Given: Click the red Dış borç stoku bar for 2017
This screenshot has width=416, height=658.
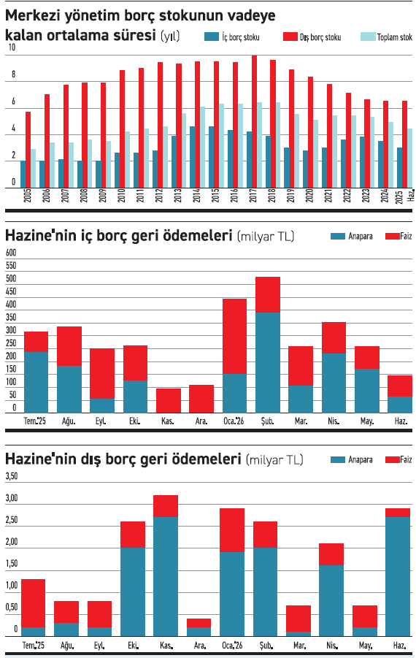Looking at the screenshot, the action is click(254, 121).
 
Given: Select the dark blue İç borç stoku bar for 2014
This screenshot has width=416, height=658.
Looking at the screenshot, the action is click(193, 157).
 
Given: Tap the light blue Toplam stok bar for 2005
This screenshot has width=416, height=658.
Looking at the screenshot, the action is click(33, 168).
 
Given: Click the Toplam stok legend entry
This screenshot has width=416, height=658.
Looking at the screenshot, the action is click(386, 37).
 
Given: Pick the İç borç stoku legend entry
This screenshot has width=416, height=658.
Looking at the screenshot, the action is click(232, 37).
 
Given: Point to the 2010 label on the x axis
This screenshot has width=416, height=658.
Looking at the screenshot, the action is click(122, 196).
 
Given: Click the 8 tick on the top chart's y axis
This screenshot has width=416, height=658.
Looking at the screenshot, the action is click(13, 74).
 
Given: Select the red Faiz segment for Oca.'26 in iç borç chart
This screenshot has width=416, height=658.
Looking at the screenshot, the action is click(234, 336).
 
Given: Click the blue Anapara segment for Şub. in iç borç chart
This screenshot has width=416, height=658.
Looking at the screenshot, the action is click(268, 362).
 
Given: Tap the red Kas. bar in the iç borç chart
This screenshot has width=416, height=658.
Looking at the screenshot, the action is click(169, 401).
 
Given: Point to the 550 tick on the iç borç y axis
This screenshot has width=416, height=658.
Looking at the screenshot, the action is click(11, 265).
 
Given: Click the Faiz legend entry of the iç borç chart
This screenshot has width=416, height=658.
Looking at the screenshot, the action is click(398, 236).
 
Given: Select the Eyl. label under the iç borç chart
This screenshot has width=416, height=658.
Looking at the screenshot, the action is click(101, 421).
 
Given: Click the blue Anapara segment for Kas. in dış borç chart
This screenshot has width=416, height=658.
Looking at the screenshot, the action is click(166, 576).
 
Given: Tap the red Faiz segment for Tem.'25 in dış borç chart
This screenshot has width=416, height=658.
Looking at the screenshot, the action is click(33, 603).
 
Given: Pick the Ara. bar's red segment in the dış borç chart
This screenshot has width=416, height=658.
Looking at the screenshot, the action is click(199, 623).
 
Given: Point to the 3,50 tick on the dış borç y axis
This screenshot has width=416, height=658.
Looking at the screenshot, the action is click(12, 476).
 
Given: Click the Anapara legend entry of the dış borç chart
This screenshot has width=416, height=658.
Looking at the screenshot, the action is click(352, 459).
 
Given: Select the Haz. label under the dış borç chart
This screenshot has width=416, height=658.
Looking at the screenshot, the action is click(398, 645).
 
